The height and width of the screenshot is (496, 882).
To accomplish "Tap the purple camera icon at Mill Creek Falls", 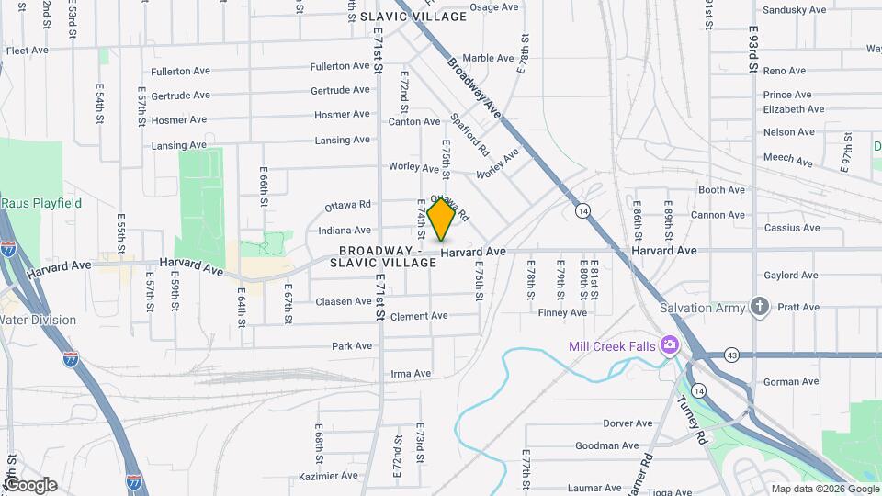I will pos(669,345).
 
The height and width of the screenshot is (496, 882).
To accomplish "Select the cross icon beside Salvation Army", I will pos(759,307).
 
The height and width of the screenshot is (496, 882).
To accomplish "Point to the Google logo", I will pos(29,485).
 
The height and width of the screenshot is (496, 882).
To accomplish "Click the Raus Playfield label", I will pos(41,203).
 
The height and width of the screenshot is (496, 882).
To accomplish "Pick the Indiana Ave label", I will pos(344,230).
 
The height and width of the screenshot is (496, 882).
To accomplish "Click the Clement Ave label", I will pos(418,316).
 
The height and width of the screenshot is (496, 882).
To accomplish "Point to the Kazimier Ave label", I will pos(328,476).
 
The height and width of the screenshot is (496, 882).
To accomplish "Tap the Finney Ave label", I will pos(562,313).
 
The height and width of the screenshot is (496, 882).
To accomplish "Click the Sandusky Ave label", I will pos(795,10).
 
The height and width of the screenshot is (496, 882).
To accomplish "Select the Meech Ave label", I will pos(787,160).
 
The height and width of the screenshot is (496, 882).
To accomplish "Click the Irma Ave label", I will pos(411,374).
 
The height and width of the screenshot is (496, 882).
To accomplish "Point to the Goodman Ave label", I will pos(606,446).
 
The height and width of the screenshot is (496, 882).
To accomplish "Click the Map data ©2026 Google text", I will pos(823,489).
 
